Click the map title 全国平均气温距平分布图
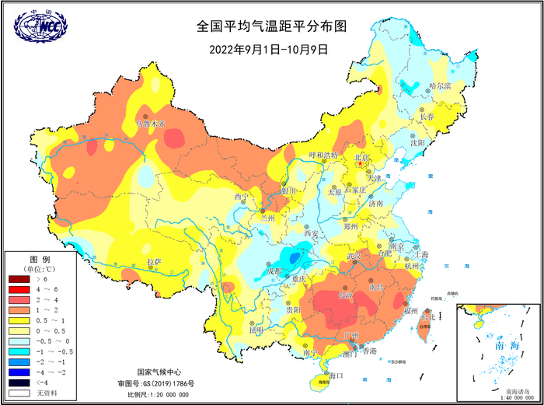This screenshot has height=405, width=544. pyautogui.click(x=271, y=26)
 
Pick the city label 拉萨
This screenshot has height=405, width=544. pyautogui.click(x=154, y=262)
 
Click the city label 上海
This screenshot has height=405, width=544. pyautogui.click(x=421, y=254)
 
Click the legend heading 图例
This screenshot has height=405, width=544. pyautogui.click(x=40, y=258)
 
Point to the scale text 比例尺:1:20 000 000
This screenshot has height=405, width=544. pyautogui.click(x=165, y=395)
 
